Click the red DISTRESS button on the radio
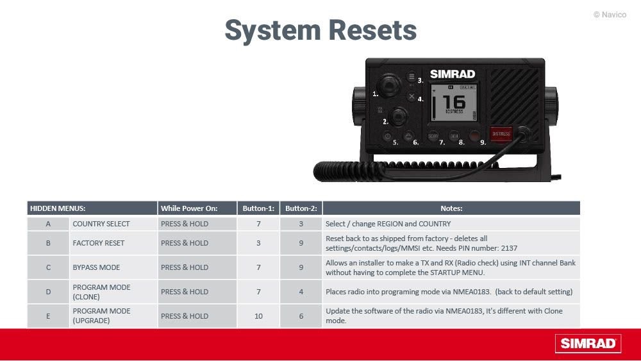coord(501,133)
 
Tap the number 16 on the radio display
coord(454,101)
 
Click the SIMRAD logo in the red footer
coord(588,344)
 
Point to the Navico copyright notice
coord(610,15)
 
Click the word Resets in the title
coord(372,30)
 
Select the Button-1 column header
coord(258,208)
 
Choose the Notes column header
coord(451,208)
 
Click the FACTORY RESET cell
coord(99,243)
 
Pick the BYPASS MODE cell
coord(97,267)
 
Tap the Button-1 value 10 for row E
coord(258,316)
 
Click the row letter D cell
coord(48,292)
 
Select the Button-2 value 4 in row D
coord(301,292)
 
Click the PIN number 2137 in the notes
coord(509,248)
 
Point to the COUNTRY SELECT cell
coord(101,224)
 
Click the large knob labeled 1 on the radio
coord(389,85)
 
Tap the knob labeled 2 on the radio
coord(398,116)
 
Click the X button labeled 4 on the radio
coord(412,97)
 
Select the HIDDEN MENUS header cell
coord(92,208)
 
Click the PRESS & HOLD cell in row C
coord(197,267)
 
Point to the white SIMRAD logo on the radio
coord(453,74)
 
